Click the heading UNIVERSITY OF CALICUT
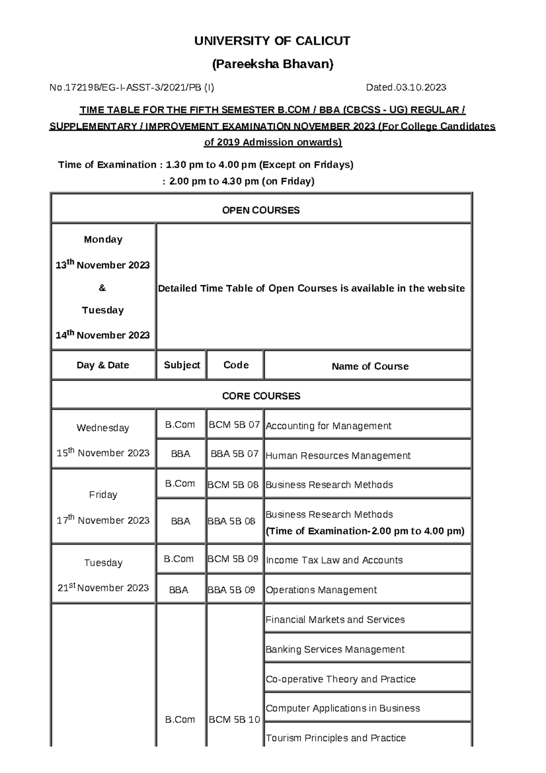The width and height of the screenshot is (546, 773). tap(272, 41)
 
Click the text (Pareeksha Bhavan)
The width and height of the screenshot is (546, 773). tap(273, 64)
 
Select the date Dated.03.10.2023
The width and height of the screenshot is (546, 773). tap(406, 87)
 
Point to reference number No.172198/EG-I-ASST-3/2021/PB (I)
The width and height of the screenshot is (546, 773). tap(131, 87)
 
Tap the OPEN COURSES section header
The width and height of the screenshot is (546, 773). tap(261, 210)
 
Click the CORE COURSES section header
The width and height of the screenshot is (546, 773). tap(261, 396)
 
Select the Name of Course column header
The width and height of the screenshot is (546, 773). tap(369, 366)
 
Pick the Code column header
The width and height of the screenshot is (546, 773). tap(236, 365)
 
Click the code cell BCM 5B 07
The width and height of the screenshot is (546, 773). tap(234, 424)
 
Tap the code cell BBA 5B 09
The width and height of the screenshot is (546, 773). tap(231, 590)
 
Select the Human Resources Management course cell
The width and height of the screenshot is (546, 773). tap(338, 455)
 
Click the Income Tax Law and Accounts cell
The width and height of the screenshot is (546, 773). tap(334, 560)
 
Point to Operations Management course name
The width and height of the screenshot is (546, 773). tap(321, 590)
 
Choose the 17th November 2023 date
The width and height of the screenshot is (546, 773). tap(103, 520)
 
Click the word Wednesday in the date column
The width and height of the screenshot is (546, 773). tap(103, 427)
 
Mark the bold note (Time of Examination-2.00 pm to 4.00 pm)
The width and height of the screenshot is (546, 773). tap(364, 531)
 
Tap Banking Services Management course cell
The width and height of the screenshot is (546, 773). tap(335, 649)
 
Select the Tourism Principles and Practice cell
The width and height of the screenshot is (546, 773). tap(335, 737)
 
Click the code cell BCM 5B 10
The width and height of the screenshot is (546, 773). tap(234, 719)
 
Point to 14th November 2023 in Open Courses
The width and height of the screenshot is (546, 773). tap(102, 335)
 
